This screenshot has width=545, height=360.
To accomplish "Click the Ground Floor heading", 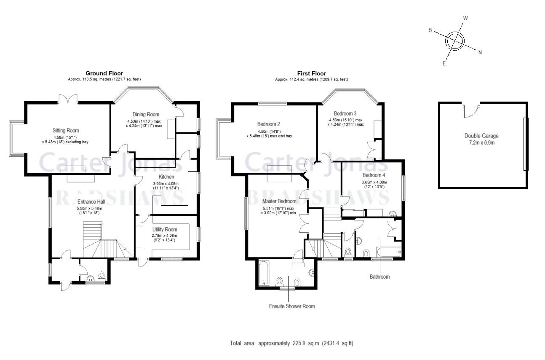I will point(104,73).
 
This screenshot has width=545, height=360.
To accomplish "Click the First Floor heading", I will point(311,73).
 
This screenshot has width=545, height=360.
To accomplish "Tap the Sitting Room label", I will point(66,131).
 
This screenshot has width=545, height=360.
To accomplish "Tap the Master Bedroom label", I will point(279,201).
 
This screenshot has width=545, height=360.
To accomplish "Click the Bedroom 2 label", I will point(269,124).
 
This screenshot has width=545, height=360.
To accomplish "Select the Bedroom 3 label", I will point(345,113).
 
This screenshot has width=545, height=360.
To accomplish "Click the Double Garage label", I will point(481,136).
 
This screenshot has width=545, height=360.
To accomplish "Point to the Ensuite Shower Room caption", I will point(292,306).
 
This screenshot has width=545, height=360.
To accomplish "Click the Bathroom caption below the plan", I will point(379,277).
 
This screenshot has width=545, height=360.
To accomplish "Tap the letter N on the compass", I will point(480,52).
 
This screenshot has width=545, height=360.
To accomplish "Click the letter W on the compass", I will point(465,19).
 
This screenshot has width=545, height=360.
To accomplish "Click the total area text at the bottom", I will point(291,343).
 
